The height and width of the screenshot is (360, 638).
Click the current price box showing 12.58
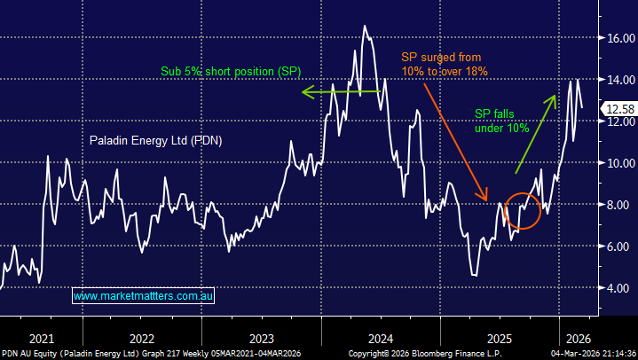[618, 109]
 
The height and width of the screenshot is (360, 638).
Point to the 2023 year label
[261, 338]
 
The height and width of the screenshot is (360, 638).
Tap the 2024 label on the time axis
[381, 338]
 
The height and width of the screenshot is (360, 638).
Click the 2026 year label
[576, 338]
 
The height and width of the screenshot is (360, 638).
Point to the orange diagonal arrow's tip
[486, 200]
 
